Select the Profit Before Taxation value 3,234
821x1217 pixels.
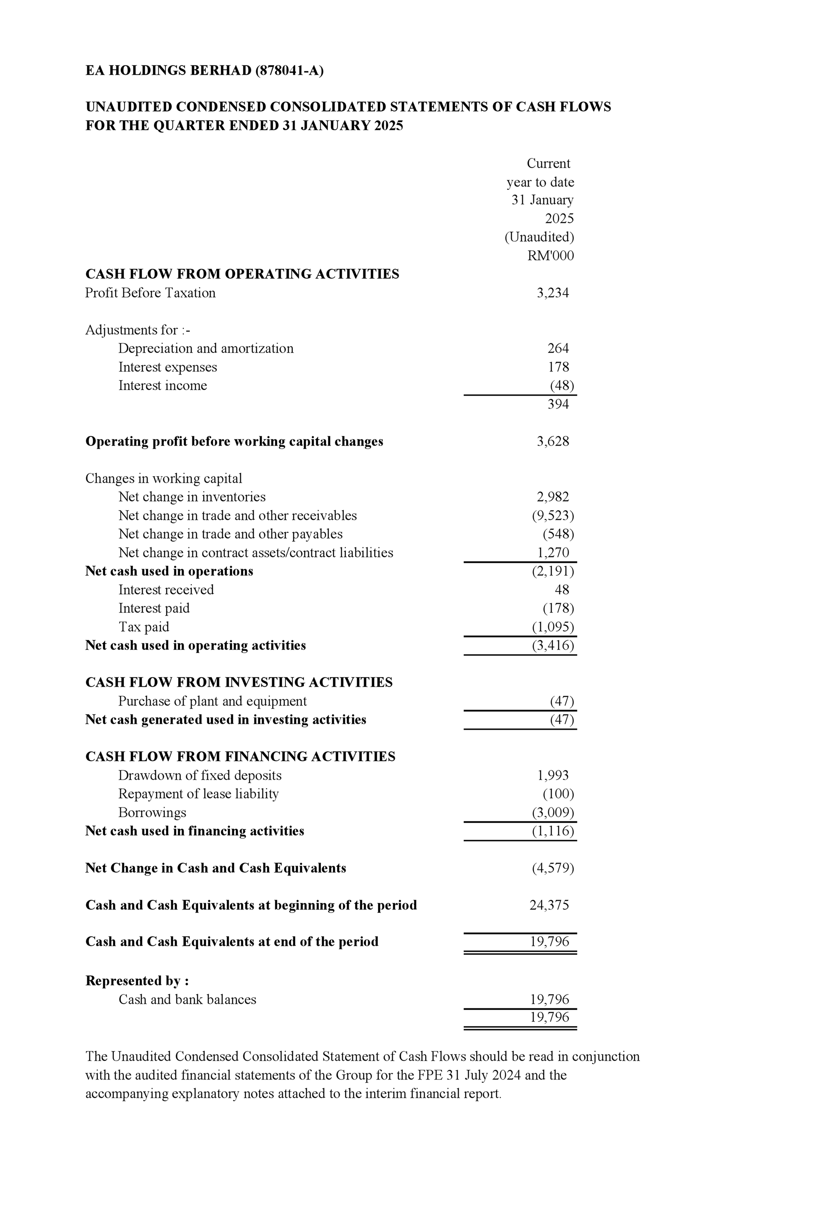point(553,293)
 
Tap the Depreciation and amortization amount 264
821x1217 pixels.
point(558,348)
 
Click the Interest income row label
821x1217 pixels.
point(162,385)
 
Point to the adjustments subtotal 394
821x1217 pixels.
point(558,404)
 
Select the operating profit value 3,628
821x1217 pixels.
point(553,441)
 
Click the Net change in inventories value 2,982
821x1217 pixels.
point(553,496)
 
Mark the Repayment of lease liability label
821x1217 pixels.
point(198,793)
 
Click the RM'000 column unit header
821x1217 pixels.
point(550,256)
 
